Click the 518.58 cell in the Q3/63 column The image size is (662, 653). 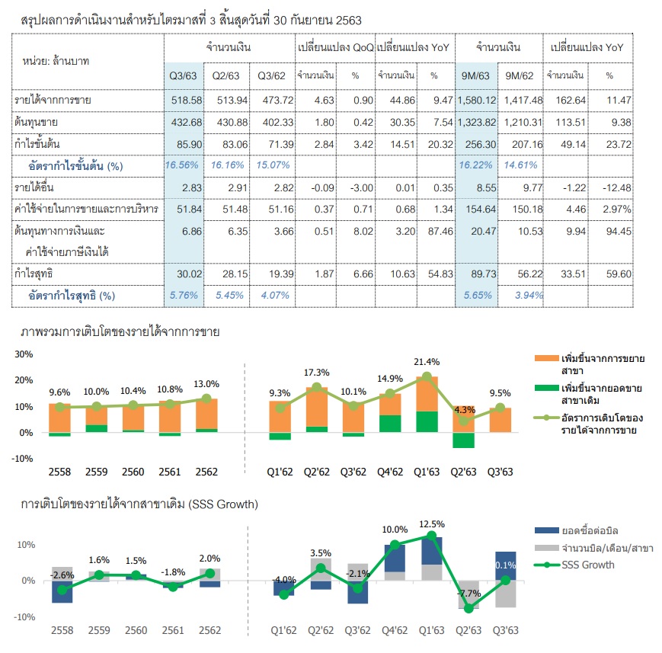coord(186,101)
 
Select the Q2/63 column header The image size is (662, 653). coord(225,76)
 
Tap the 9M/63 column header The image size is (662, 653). coord(475,76)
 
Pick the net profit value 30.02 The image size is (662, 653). coord(189,274)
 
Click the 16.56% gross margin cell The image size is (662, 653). coord(181,165)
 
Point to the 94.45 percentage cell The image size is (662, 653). coord(619,232)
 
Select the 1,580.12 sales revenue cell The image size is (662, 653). coord(477,101)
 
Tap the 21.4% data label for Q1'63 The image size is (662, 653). coord(427,362)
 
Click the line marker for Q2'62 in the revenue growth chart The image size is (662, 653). coord(317,387)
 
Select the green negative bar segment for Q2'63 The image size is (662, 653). coord(463,440)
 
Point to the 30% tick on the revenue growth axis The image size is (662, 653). coord(24,354)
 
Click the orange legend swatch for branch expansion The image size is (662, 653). coord(546,358)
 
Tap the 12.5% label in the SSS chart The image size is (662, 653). coord(431,524)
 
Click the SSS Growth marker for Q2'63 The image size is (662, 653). coord(469,609)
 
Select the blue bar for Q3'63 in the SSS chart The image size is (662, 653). coord(505,566)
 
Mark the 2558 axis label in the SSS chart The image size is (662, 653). coord(62,631)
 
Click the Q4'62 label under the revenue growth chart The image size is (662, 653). coord(390,472)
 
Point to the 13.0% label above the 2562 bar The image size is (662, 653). coord(206,384)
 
